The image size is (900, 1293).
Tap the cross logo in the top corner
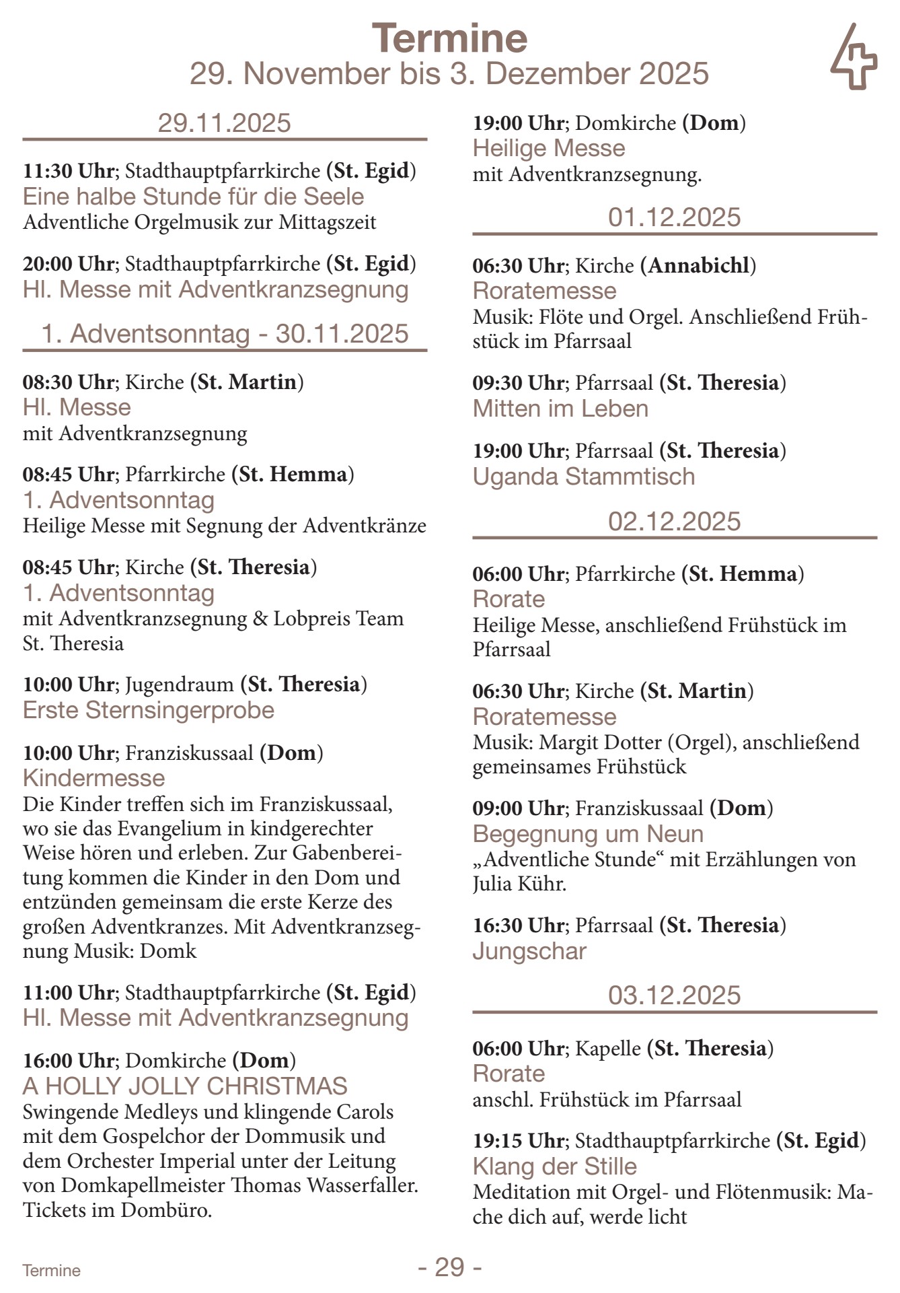click(x=854, y=58)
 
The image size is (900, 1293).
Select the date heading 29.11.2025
click(x=224, y=123)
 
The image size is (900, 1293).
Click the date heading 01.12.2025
click(x=674, y=217)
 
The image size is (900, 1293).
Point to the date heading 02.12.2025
click(x=674, y=522)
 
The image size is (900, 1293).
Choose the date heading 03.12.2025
click(x=674, y=995)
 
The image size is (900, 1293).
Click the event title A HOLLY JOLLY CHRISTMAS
click(x=185, y=1086)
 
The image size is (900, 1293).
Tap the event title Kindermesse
click(x=94, y=778)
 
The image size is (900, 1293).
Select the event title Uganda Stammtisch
click(x=584, y=477)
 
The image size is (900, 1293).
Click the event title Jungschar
click(x=529, y=951)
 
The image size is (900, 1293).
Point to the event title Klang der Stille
click(x=554, y=1166)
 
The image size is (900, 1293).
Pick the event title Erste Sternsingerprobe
click(x=149, y=710)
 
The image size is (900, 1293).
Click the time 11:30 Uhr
click(x=68, y=171)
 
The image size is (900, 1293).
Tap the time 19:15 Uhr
click(x=518, y=1141)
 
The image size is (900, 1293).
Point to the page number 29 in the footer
click(x=449, y=1267)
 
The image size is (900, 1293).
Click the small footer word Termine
click(x=52, y=1271)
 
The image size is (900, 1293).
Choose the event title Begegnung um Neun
click(x=588, y=834)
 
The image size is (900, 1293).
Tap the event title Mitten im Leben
click(x=560, y=409)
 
